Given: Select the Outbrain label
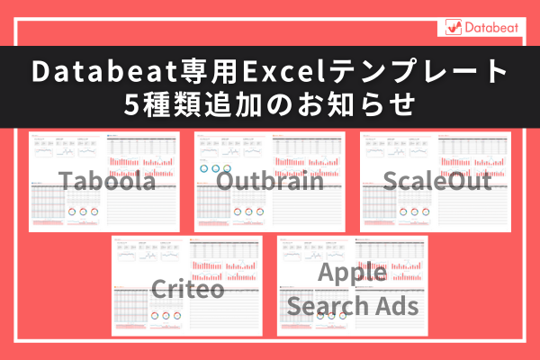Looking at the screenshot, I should point(270,181).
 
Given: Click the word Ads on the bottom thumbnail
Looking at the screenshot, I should point(396,304).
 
